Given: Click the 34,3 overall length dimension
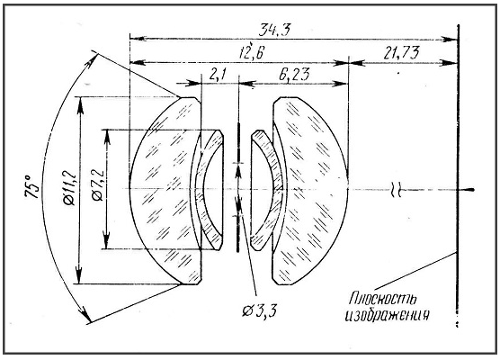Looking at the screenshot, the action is coord(274,30).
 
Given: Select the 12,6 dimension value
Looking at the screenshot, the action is coord(252,53).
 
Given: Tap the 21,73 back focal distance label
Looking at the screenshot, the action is coord(401,53).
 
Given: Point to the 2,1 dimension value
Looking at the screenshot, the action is coord(218,75).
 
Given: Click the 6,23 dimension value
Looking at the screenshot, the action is coord(294,76).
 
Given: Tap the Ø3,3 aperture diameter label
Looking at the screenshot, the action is coord(259,310).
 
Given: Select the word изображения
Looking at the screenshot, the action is coord(387,315).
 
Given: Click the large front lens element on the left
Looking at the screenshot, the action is coord(165,191).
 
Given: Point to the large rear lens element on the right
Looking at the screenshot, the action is coord(309,191).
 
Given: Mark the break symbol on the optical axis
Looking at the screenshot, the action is coord(396,190).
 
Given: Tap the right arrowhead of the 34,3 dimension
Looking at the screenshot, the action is coord(451,40).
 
